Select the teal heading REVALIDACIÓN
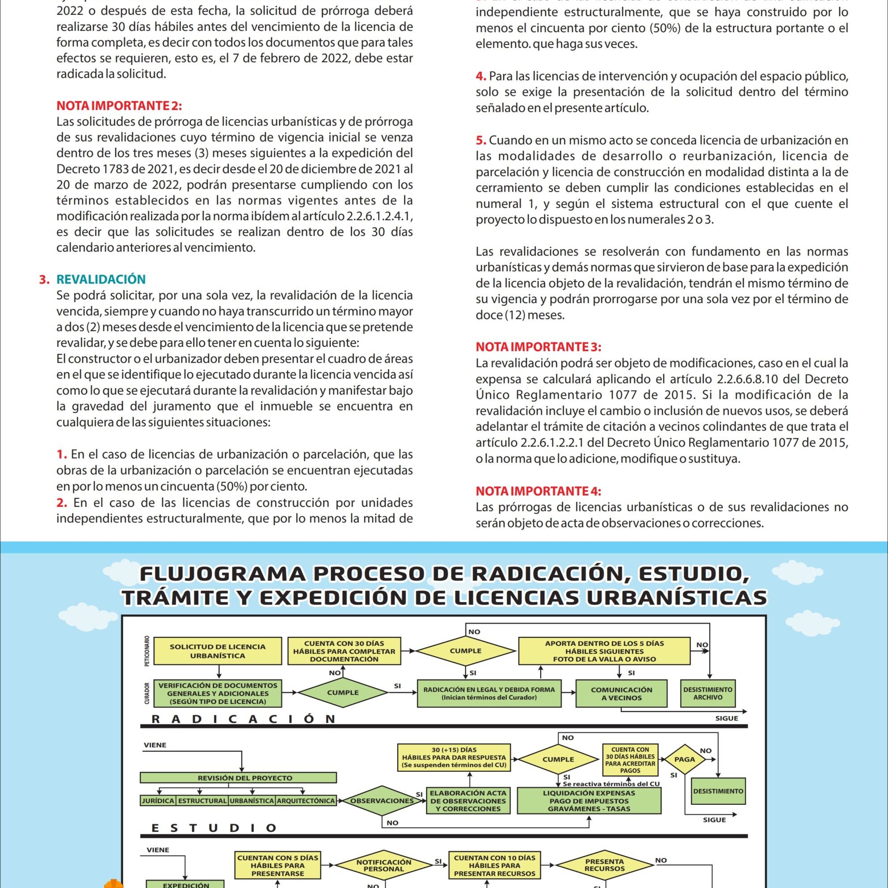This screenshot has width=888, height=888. pyautogui.click(x=101, y=279)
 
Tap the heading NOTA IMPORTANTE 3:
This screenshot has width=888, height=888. pyautogui.click(x=538, y=347)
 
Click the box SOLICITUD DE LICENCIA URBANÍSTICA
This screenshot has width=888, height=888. pyautogui.click(x=217, y=651)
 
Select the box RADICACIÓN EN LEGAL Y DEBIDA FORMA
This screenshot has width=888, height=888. pyautogui.click(x=489, y=693)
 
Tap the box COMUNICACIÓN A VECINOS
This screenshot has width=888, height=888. pyautogui.click(x=621, y=694)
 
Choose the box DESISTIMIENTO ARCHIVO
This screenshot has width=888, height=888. pyautogui.click(x=708, y=693)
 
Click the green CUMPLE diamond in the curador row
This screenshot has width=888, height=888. pyautogui.click(x=342, y=693)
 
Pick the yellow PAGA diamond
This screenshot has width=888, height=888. pyautogui.click(x=684, y=759)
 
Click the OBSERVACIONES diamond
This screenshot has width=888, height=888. pyautogui.click(x=382, y=801)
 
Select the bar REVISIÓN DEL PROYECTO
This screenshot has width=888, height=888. pyautogui.click(x=238, y=778)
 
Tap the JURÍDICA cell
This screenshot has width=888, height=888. pyautogui.click(x=158, y=801)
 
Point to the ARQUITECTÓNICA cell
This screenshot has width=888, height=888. pyautogui.click(x=306, y=801)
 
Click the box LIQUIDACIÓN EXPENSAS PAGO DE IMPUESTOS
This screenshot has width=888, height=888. pyautogui.click(x=589, y=801)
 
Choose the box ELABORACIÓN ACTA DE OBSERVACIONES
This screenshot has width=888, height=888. pyautogui.click(x=468, y=801)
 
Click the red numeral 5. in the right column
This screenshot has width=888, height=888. pyautogui.click(x=481, y=140)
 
